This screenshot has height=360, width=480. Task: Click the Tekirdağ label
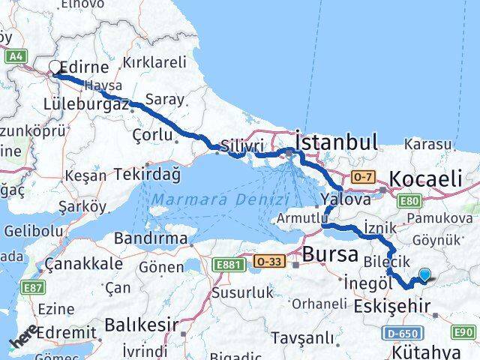pos(148,174)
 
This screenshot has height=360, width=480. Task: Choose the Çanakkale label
pos(83,264)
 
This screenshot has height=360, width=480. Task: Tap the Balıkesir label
pos(141,325)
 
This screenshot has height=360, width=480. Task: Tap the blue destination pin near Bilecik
pos(425,275)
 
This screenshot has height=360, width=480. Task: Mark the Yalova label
pos(346,200)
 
